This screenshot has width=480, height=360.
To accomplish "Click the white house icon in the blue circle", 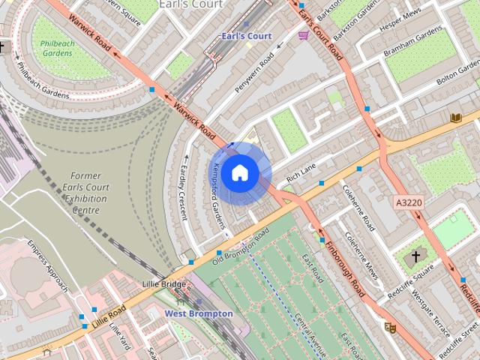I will [x=239, y=173].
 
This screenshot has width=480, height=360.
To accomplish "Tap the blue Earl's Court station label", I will [x=246, y=36].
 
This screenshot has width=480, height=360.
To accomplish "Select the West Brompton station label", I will [x=199, y=313].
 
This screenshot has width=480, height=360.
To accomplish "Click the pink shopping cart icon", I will [x=303, y=35].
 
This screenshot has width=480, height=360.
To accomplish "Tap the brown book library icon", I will [x=455, y=117].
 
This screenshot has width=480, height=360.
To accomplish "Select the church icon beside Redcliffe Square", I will [x=416, y=258].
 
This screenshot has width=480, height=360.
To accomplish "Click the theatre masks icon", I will [x=389, y=327].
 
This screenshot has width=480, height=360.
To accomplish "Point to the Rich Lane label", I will [x=301, y=175].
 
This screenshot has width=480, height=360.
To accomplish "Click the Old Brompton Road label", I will [x=240, y=247].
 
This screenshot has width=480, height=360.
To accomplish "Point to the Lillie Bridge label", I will [x=163, y=285].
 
